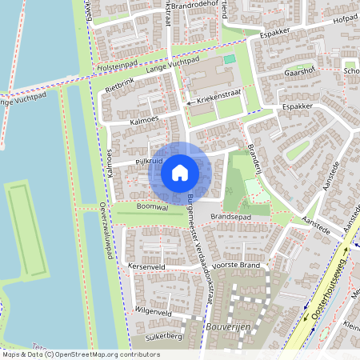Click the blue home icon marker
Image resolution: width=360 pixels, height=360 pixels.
tap(180, 173)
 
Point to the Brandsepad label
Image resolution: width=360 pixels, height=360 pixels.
tap(231, 216)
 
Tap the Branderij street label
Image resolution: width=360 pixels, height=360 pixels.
tap(255, 155)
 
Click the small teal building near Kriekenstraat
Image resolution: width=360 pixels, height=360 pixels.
tap(230, 59)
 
